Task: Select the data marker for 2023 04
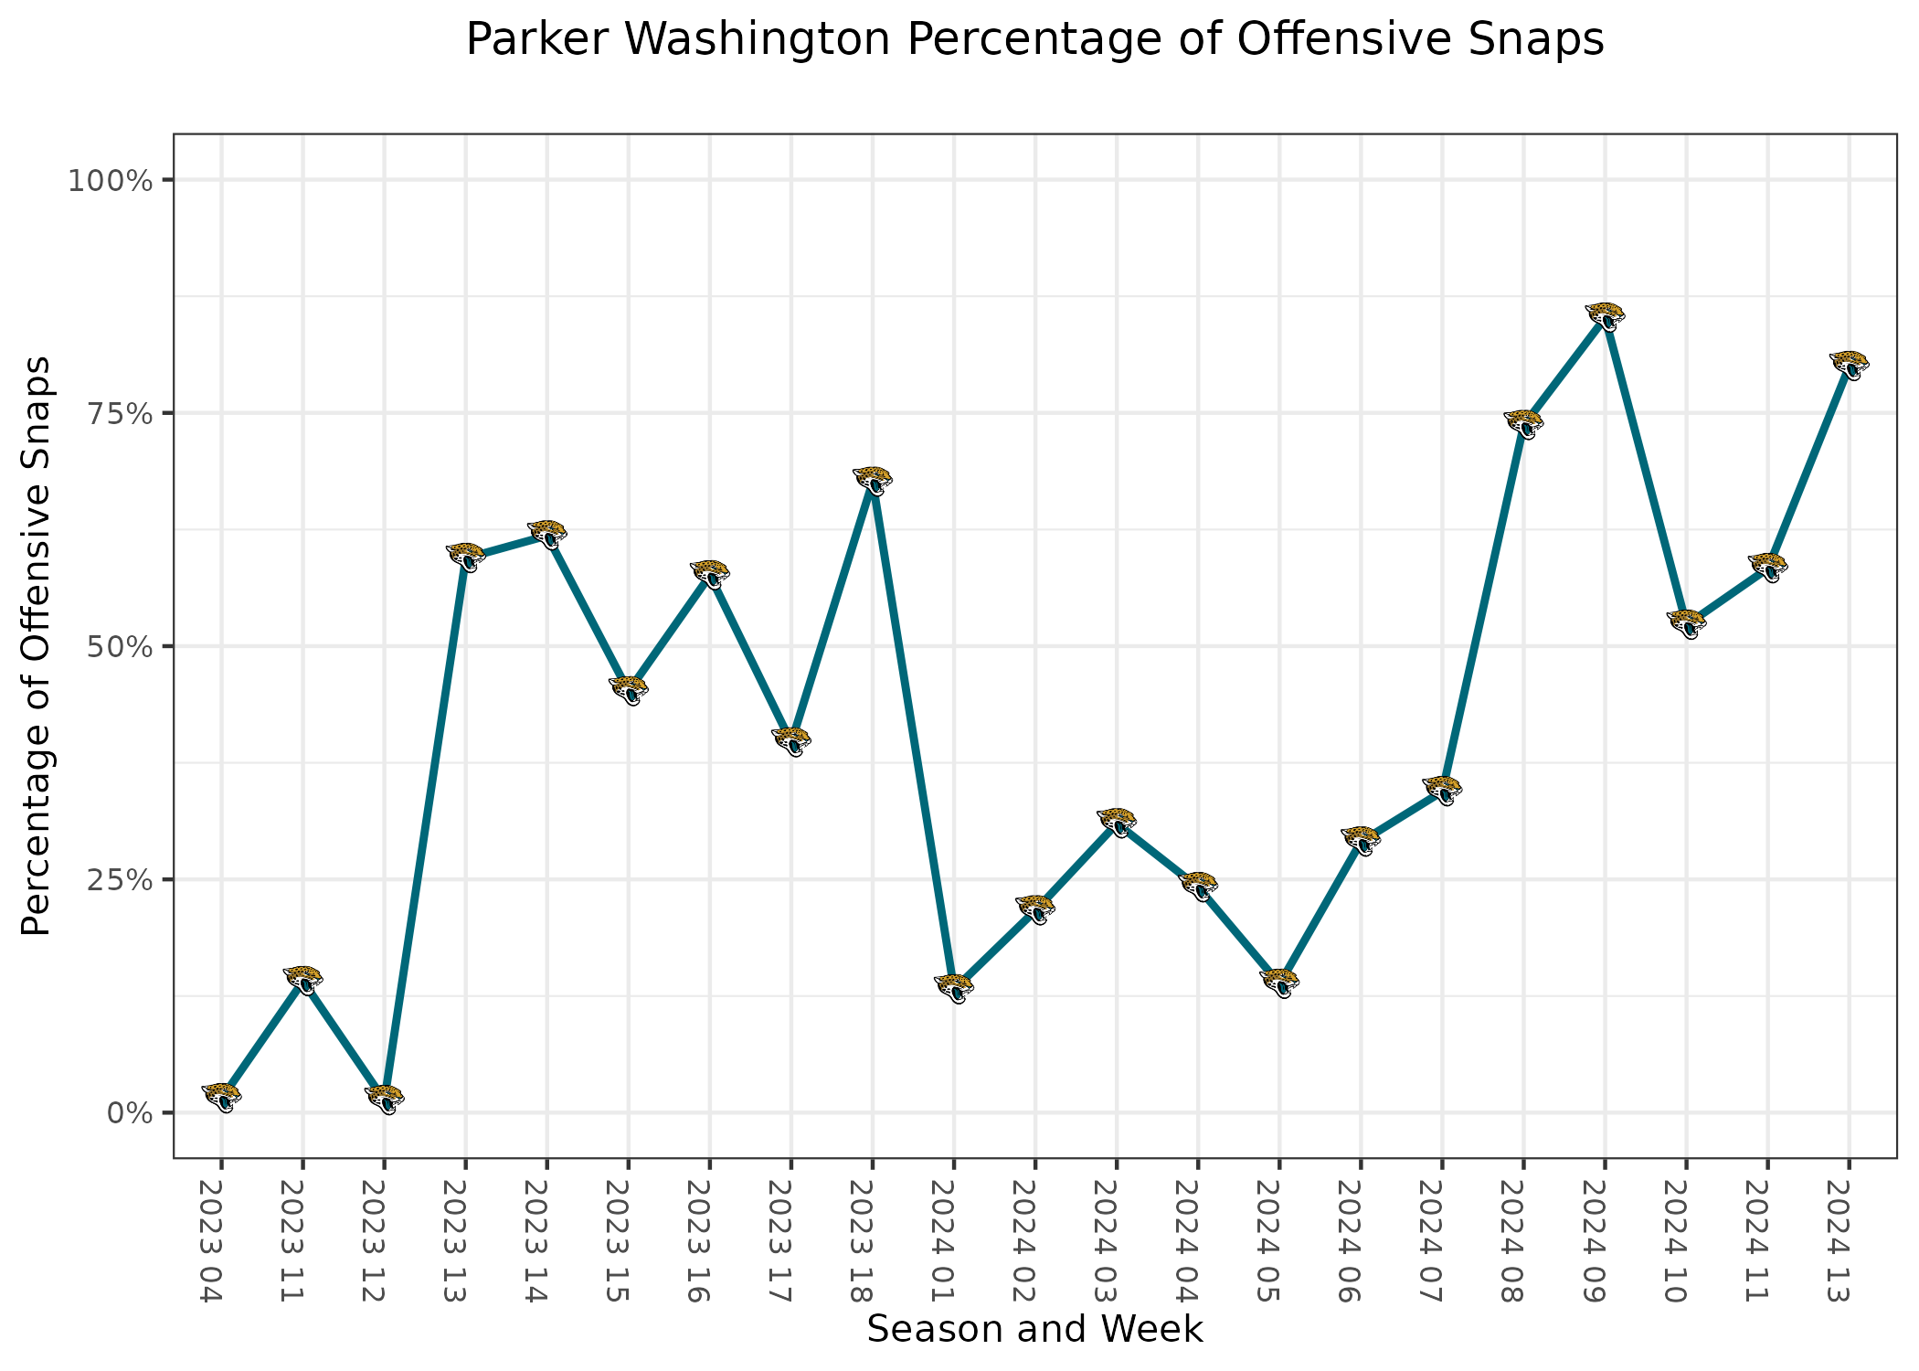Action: tap(222, 1096)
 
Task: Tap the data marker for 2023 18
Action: tap(873, 480)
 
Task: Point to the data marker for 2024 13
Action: tap(1850, 365)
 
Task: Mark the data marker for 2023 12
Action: tap(385, 1099)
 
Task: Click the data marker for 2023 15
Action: tap(629, 690)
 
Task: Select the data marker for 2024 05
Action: tap(1279, 983)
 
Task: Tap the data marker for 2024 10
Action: tap(1687, 623)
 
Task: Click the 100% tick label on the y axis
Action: tap(109, 181)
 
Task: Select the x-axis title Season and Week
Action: tap(1034, 1329)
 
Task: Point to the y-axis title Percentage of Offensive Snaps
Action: tap(37, 645)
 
